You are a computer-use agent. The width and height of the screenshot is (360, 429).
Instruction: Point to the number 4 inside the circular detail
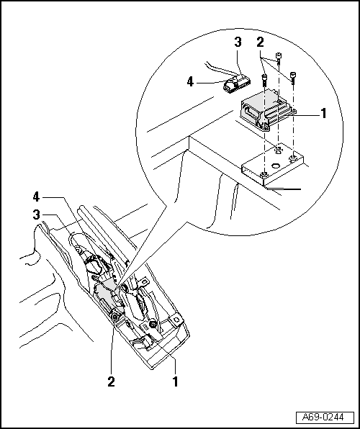click(x=191, y=82)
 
